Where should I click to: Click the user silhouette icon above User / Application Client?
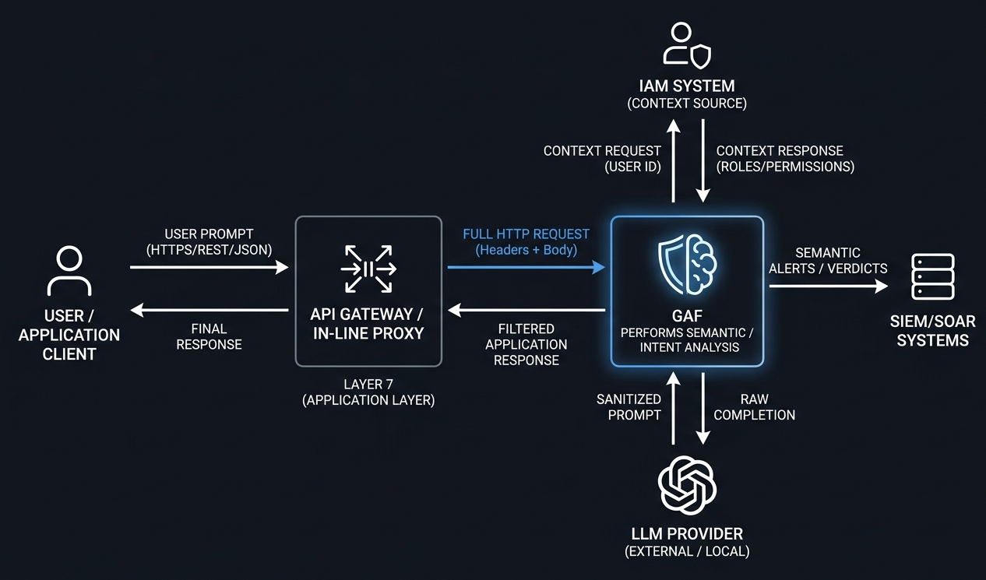69,271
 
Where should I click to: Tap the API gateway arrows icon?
368,269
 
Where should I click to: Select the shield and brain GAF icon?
687,264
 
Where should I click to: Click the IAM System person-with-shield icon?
687,45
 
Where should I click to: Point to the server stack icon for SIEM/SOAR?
933,277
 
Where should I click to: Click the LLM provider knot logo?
687,485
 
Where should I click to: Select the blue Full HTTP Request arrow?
526,267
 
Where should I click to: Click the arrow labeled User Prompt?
209,267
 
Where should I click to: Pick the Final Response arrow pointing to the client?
209,310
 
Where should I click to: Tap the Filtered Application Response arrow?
526,310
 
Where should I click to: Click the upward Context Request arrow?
673,160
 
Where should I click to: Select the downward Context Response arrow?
703,160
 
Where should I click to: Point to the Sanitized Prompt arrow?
673,409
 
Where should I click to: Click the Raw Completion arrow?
703,409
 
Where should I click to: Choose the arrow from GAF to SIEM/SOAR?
829,286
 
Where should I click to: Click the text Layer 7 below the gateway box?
368,384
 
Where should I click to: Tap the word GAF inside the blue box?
687,315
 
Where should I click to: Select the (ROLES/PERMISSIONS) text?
785,167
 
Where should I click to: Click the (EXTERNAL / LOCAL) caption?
687,551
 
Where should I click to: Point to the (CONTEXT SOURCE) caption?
687,104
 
